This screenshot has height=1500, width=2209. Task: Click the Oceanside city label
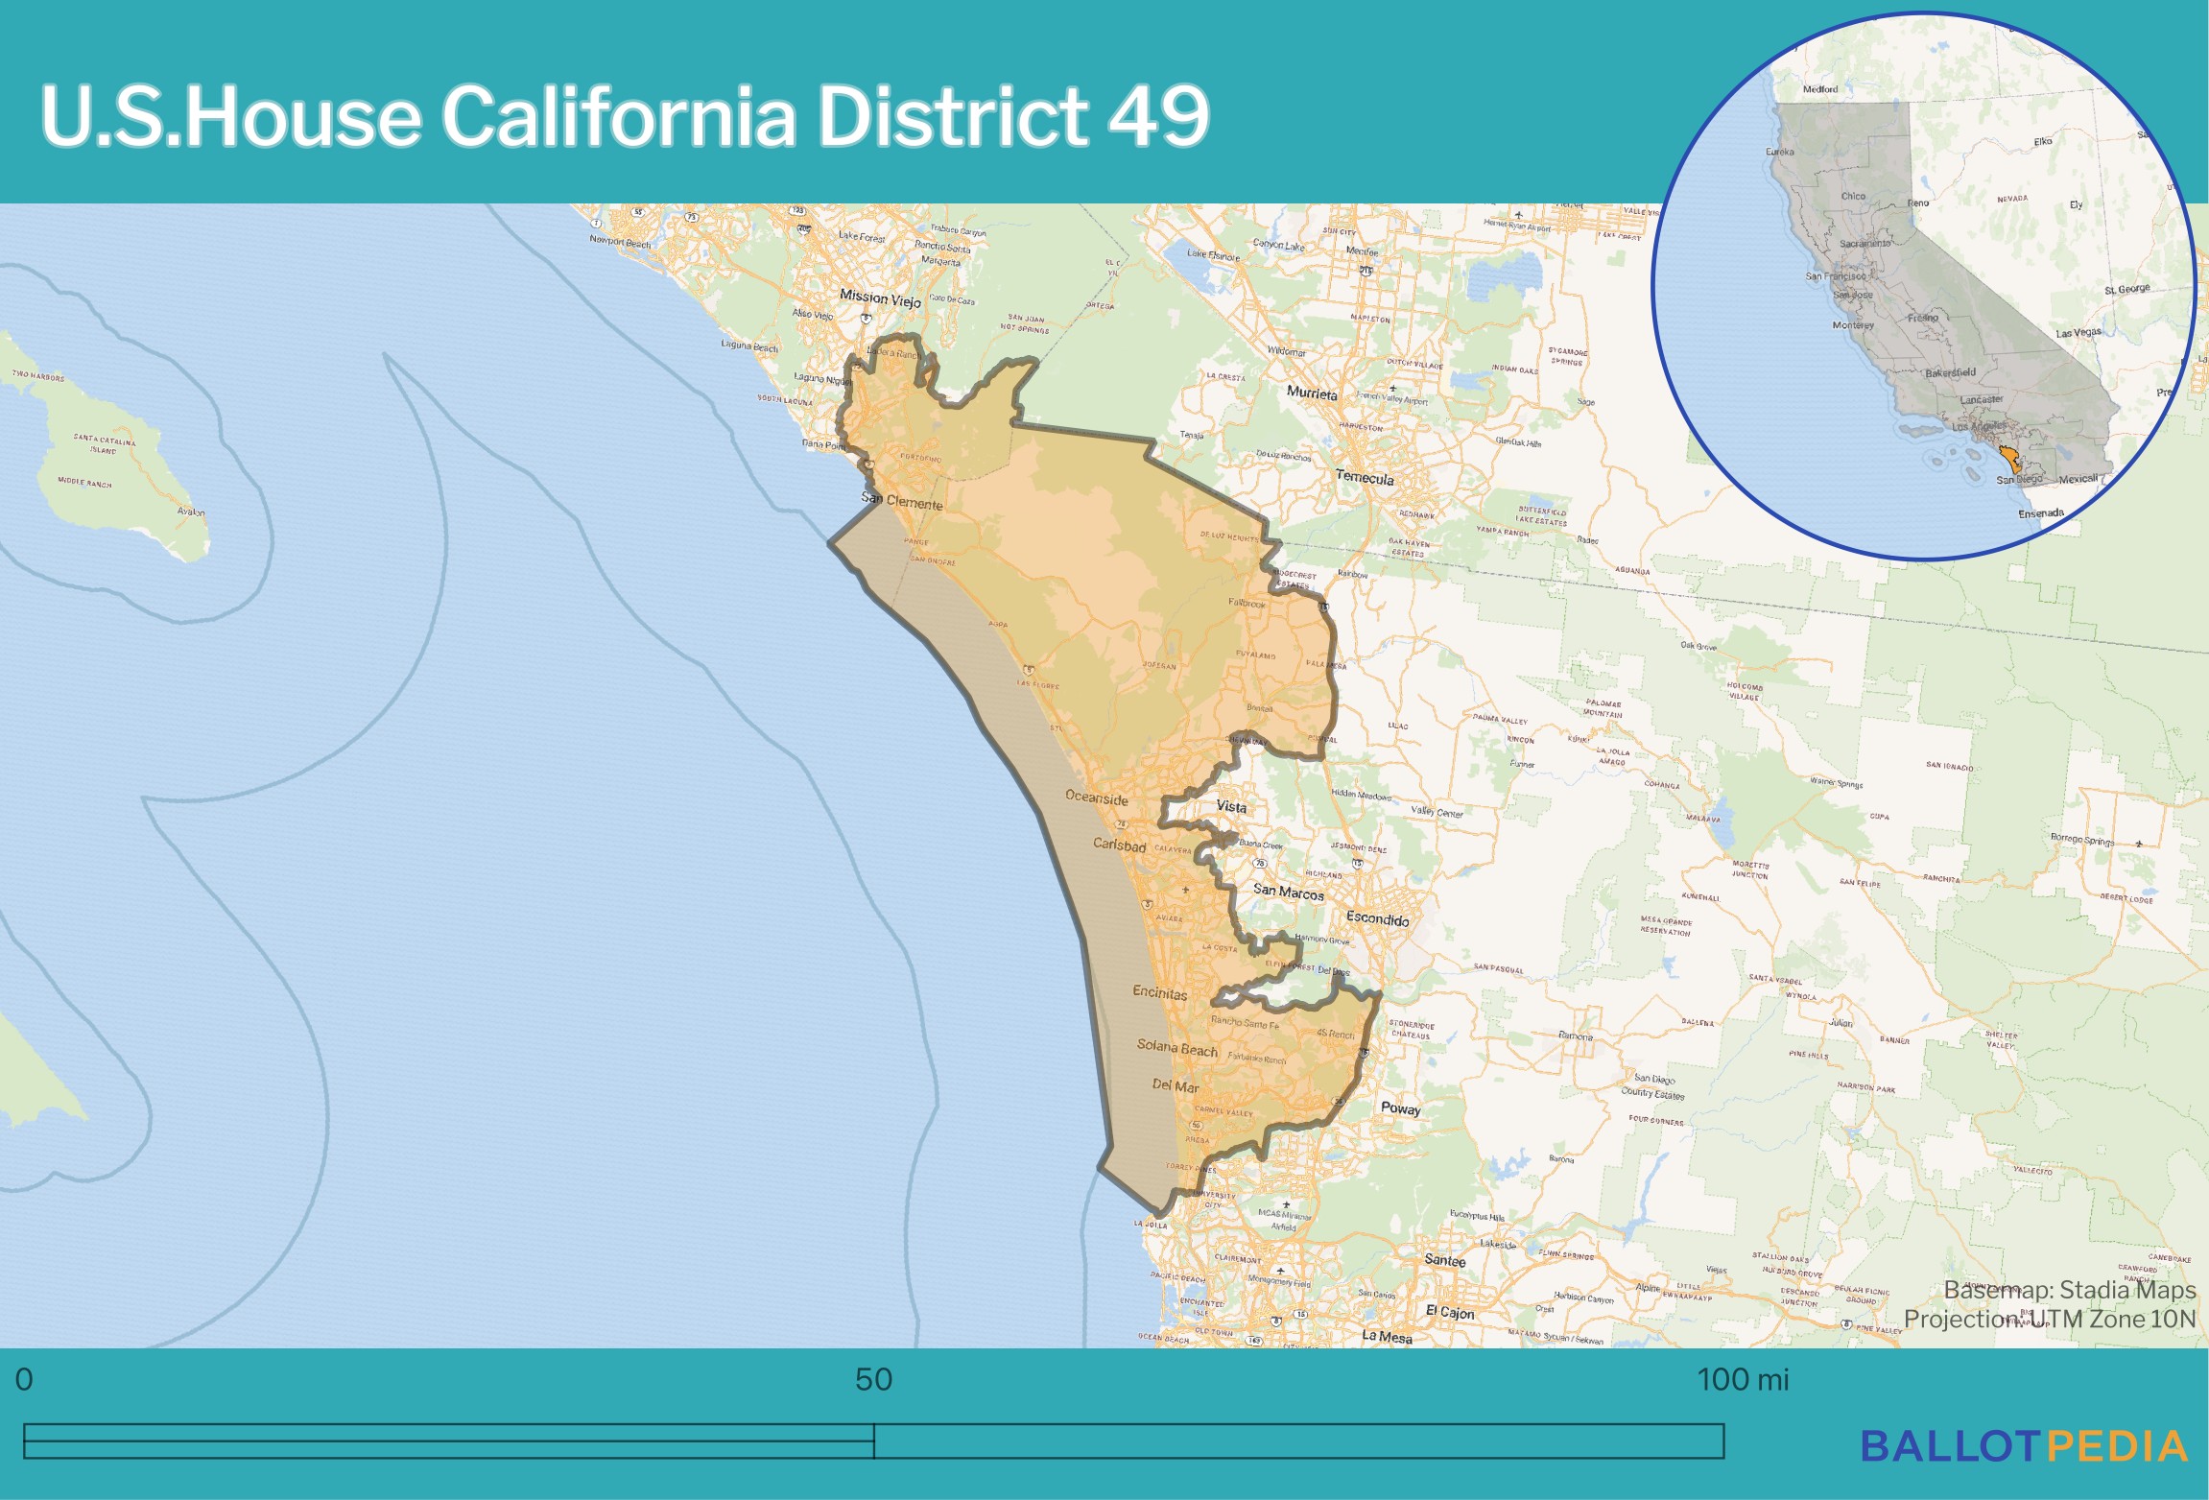click(1097, 798)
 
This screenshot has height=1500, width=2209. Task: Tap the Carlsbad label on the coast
click(1119, 845)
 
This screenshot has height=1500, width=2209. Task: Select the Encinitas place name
click(1159, 992)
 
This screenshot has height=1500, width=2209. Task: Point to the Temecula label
click(1365, 477)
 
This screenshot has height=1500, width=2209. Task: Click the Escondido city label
click(1377, 918)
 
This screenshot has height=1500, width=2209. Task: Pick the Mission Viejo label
click(880, 298)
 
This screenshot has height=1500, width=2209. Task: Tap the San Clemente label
click(902, 501)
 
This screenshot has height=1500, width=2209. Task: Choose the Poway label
click(1400, 1107)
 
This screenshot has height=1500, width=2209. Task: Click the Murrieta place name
click(1312, 393)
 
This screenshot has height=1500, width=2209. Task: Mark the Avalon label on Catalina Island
click(191, 512)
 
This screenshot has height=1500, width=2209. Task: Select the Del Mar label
click(1176, 1085)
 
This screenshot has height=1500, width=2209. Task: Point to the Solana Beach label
click(1176, 1047)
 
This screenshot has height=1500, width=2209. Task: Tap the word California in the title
click(618, 115)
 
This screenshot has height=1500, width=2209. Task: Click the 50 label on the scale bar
click(873, 1379)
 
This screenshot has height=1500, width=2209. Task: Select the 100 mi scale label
click(1743, 1379)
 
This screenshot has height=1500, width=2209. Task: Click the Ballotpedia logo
click(2024, 1446)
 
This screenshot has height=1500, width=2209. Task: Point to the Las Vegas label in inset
click(2078, 333)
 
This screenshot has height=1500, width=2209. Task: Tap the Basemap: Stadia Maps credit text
click(2069, 1290)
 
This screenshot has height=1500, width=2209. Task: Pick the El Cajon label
click(1449, 1312)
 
